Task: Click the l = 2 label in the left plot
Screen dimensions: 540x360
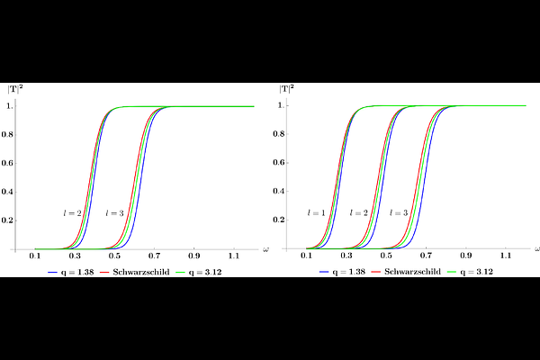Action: [x=72, y=213]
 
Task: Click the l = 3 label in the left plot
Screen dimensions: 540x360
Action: [x=114, y=213]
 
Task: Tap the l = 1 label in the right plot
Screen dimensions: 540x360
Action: [x=316, y=213]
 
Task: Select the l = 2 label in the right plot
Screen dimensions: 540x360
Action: [x=358, y=213]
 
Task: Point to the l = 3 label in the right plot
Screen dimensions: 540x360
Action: [x=399, y=213]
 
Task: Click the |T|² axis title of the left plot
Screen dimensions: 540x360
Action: [x=15, y=89]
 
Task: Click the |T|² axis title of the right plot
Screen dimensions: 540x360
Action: [x=286, y=89]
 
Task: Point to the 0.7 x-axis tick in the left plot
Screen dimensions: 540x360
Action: [x=154, y=256]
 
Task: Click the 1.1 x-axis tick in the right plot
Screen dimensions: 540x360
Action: [x=506, y=256]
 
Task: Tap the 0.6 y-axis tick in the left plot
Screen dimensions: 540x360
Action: [x=7, y=163]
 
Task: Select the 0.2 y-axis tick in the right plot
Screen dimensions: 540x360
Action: [x=279, y=220]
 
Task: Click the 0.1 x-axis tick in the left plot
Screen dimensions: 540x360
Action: [x=35, y=256]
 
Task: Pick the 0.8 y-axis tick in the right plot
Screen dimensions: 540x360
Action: [x=279, y=134]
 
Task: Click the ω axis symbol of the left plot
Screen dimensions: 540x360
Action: [x=265, y=249]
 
